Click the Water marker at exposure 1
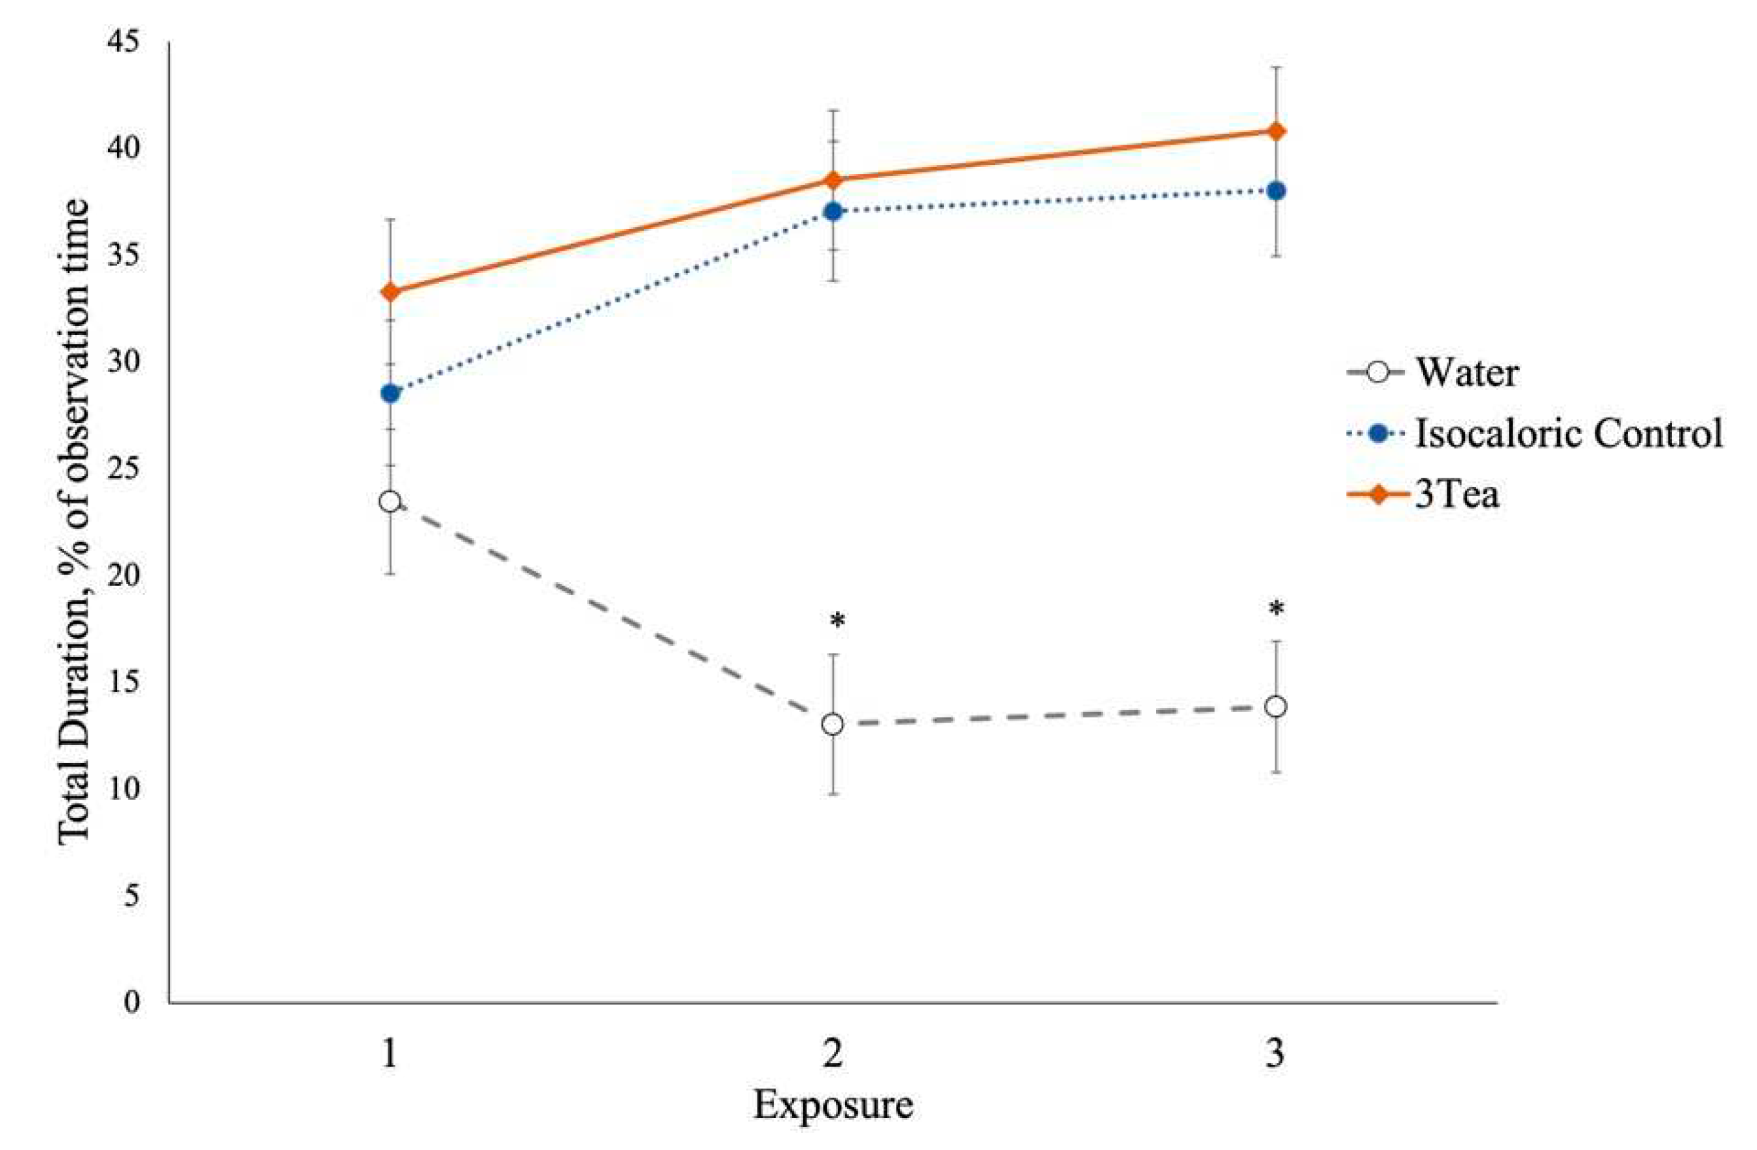(389, 502)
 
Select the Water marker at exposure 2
(833, 724)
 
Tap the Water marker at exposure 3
(1276, 706)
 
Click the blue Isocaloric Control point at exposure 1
(389, 393)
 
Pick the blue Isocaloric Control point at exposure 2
(833, 211)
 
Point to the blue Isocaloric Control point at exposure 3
(1276, 190)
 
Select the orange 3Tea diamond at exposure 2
(833, 180)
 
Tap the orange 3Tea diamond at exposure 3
(1276, 132)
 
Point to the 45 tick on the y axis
(123, 42)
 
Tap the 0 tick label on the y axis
(132, 1001)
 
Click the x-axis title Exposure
(833, 1105)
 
